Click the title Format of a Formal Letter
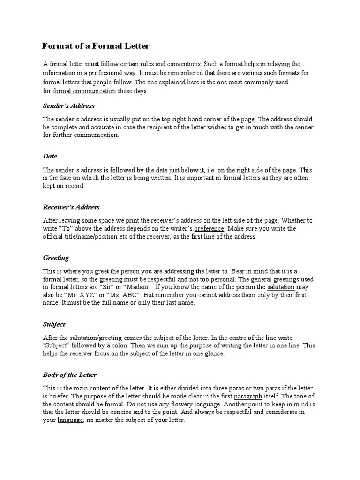(x=96, y=45)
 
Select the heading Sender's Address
(x=68, y=105)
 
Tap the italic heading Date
(x=50, y=156)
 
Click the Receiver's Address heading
(x=71, y=207)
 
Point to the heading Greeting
(x=56, y=258)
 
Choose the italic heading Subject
(x=54, y=324)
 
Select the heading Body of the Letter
(x=70, y=375)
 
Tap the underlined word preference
(x=210, y=229)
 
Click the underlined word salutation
(x=281, y=287)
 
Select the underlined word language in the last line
(x=70, y=420)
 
